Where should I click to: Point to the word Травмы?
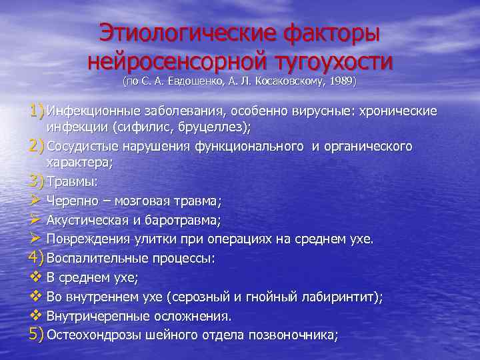(72, 181)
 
